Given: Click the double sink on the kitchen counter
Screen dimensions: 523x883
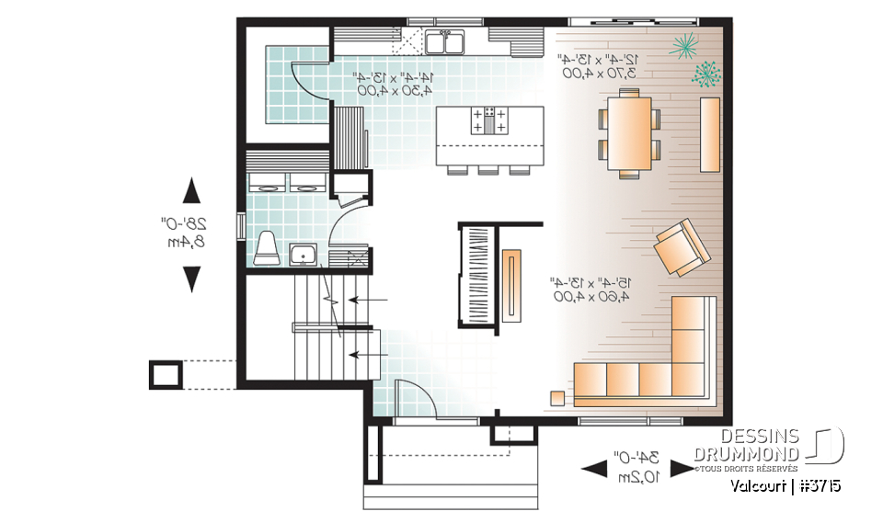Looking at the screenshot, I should [446, 42].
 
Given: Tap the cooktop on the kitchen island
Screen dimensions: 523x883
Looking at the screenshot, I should [488, 120].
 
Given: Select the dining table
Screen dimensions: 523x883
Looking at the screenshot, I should [630, 130].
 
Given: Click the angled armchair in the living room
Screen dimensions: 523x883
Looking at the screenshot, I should [682, 246].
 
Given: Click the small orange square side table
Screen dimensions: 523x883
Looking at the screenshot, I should [557, 398].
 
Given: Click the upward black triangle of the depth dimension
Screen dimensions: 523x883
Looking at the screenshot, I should [191, 191].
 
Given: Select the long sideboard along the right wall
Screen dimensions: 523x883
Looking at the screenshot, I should [709, 134].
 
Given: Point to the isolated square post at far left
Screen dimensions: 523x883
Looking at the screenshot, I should [166, 374].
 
